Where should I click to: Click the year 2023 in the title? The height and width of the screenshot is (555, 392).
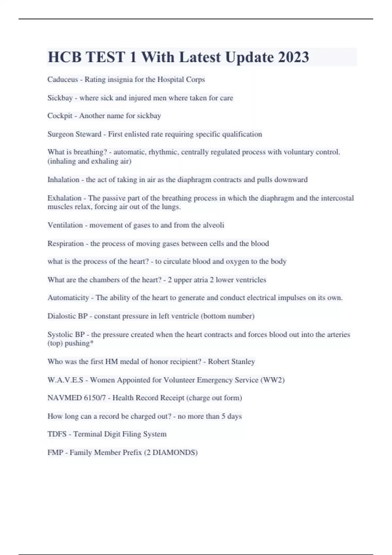click(x=293, y=57)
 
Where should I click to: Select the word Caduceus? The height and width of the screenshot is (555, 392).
click(x=63, y=80)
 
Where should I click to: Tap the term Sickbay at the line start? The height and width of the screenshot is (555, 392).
click(x=60, y=98)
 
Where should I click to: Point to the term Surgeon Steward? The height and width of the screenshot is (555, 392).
click(x=74, y=134)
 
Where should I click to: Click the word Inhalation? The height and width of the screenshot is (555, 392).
click(x=63, y=180)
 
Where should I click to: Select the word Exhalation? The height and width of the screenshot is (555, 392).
click(x=64, y=198)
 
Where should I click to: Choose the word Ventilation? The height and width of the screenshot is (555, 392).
click(x=65, y=225)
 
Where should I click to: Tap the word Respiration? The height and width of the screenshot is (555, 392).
click(x=65, y=244)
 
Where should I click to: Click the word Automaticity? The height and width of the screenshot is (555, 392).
click(x=68, y=298)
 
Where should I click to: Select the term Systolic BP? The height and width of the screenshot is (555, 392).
click(x=66, y=335)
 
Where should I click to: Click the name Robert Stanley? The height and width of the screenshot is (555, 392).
click(x=231, y=362)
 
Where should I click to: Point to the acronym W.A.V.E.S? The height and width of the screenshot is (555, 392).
click(x=65, y=380)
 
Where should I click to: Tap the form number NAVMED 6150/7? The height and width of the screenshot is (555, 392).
click(x=76, y=398)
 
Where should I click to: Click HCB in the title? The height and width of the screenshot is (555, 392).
click(x=65, y=57)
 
